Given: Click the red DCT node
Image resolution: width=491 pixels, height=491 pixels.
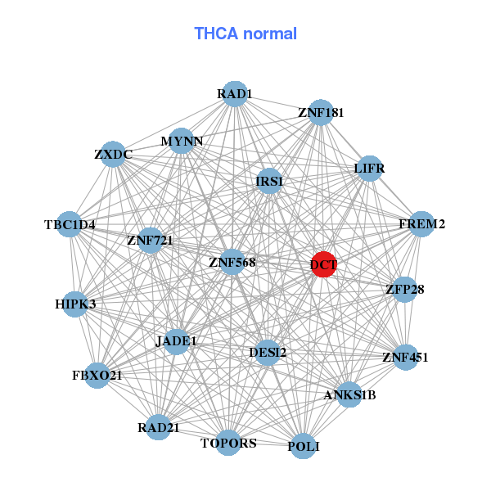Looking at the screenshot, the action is click(x=323, y=264).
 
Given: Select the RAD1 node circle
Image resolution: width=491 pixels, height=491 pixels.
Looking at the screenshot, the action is click(x=235, y=94).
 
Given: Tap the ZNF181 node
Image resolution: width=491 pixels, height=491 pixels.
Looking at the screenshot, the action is click(x=321, y=112).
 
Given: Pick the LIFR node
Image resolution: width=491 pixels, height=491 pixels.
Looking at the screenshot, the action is click(x=369, y=169).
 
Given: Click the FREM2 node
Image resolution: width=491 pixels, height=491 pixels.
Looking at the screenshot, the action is click(x=421, y=224).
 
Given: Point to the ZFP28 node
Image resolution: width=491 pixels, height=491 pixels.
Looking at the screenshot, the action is click(x=405, y=289).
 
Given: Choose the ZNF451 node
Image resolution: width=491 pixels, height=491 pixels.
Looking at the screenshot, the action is click(x=405, y=357).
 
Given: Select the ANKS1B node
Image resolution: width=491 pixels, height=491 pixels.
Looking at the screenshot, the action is click(x=349, y=395).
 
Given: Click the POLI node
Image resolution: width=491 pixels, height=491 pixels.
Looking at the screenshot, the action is click(x=304, y=446).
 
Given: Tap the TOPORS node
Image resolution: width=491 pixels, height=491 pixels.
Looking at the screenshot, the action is click(x=229, y=443).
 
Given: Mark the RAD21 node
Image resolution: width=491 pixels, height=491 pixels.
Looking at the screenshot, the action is click(x=159, y=427).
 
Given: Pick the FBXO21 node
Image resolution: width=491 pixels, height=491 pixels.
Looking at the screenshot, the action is click(x=97, y=376).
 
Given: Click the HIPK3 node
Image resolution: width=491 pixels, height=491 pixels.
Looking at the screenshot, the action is click(x=75, y=304).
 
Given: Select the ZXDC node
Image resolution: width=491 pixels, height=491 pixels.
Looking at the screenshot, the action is click(x=113, y=154).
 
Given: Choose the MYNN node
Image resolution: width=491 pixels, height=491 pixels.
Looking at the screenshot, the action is click(x=182, y=141).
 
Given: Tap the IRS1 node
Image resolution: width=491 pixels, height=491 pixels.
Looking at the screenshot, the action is click(x=269, y=181).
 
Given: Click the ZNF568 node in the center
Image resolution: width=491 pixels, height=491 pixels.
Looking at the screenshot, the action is click(x=232, y=263).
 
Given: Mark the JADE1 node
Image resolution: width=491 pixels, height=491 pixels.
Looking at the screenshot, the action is click(x=177, y=340).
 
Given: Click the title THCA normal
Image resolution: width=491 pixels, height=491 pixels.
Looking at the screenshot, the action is click(x=245, y=34).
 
